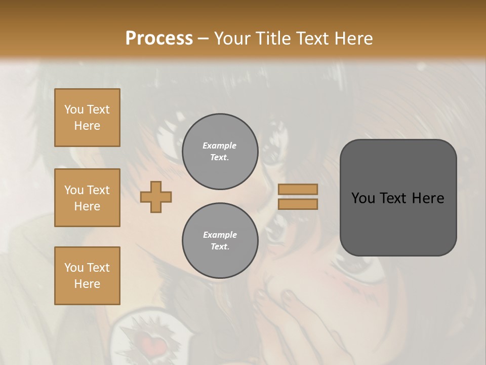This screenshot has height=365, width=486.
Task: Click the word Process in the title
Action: tap(159, 38)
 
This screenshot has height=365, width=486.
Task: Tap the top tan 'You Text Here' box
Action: tap(87, 118)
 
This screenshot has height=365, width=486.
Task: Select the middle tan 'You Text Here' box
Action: tap(87, 198)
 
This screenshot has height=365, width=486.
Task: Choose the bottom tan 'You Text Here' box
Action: tap(87, 276)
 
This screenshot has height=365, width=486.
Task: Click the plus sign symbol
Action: tap(156, 197)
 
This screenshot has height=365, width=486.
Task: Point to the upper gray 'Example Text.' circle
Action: tap(220, 152)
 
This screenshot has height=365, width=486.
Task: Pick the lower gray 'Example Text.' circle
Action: tap(220, 241)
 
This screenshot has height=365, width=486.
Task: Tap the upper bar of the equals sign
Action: tap(298, 189)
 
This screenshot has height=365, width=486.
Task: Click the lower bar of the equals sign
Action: tap(298, 204)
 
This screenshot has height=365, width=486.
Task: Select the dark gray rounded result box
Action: tap(398, 198)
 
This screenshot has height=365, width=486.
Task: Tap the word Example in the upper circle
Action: tap(220, 145)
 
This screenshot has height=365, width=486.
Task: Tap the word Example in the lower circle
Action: tap(220, 235)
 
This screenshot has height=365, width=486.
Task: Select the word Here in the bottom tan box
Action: tap(87, 284)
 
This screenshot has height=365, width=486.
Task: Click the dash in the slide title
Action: tap(203, 39)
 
